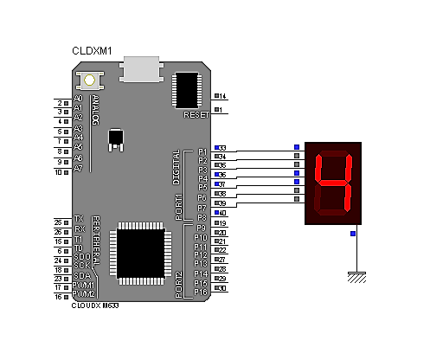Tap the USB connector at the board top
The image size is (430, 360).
[x=143, y=68]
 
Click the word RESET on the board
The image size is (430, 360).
[x=197, y=114]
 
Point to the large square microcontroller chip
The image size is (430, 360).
[x=140, y=252]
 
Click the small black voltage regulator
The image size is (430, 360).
[x=116, y=138]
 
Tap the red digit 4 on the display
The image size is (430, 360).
[x=335, y=184]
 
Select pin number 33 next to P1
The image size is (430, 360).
[x=221, y=148]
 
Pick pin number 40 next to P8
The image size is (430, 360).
[x=221, y=213]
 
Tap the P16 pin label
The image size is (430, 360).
[x=200, y=292]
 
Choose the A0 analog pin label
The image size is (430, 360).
[x=79, y=99]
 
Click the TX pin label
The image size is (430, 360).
[x=79, y=220]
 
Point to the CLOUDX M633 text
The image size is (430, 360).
[x=96, y=306]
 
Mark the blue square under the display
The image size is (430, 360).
[x=352, y=234]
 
